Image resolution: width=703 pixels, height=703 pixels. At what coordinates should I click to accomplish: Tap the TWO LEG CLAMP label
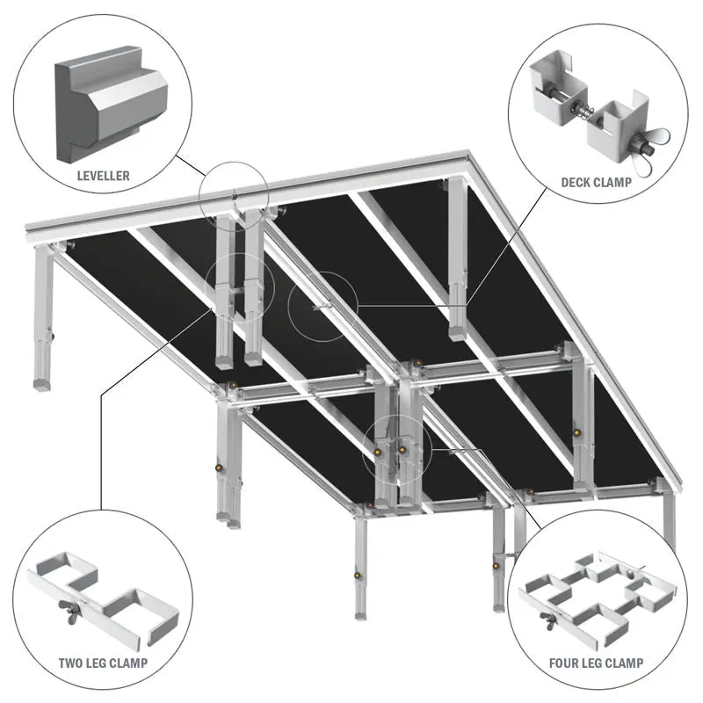coord(103,663)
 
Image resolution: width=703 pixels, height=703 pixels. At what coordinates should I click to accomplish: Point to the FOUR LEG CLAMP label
coord(595,663)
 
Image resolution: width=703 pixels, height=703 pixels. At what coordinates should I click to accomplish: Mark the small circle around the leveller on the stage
coord(233,194)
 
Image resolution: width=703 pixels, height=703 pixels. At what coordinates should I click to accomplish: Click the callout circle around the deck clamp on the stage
coord(323,307)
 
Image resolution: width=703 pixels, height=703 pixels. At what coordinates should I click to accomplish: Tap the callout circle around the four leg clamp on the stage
coord(395,448)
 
